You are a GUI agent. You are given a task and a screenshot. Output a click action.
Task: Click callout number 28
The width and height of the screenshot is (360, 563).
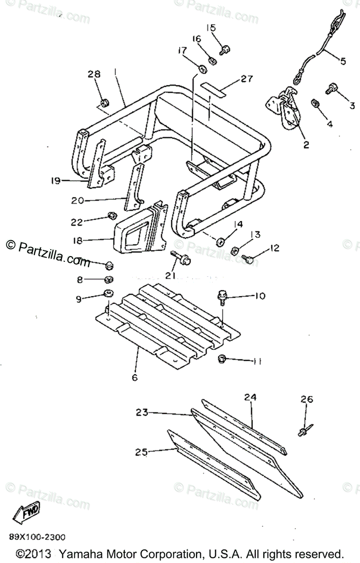coord(94,74)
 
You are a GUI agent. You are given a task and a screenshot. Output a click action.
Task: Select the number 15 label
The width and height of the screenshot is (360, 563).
coord(211,28)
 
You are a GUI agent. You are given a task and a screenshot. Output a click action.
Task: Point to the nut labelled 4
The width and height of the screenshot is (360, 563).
coord(316,103)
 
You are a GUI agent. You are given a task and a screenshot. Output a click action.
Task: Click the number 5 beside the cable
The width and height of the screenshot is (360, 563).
coord(343,61)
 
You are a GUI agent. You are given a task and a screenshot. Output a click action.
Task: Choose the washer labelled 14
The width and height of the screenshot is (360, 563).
coord(219,242)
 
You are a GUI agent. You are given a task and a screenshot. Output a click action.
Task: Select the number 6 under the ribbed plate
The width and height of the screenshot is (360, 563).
coord(135,377)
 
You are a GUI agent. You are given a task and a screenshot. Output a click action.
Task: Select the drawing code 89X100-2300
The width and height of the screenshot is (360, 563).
coord(37,537)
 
